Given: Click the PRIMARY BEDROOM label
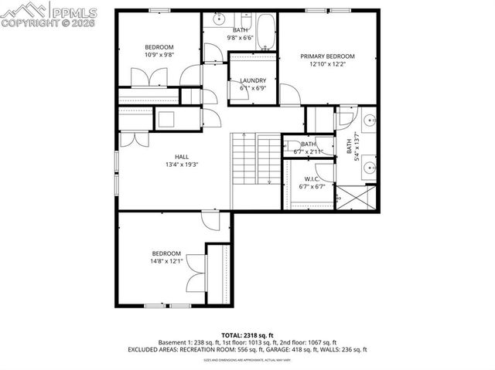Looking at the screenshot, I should [327, 56].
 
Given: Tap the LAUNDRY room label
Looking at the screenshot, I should [253, 80].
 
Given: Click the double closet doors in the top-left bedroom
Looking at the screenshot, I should [148, 77].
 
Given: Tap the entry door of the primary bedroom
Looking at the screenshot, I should [289, 96].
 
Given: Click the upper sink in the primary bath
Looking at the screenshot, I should [368, 121].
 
